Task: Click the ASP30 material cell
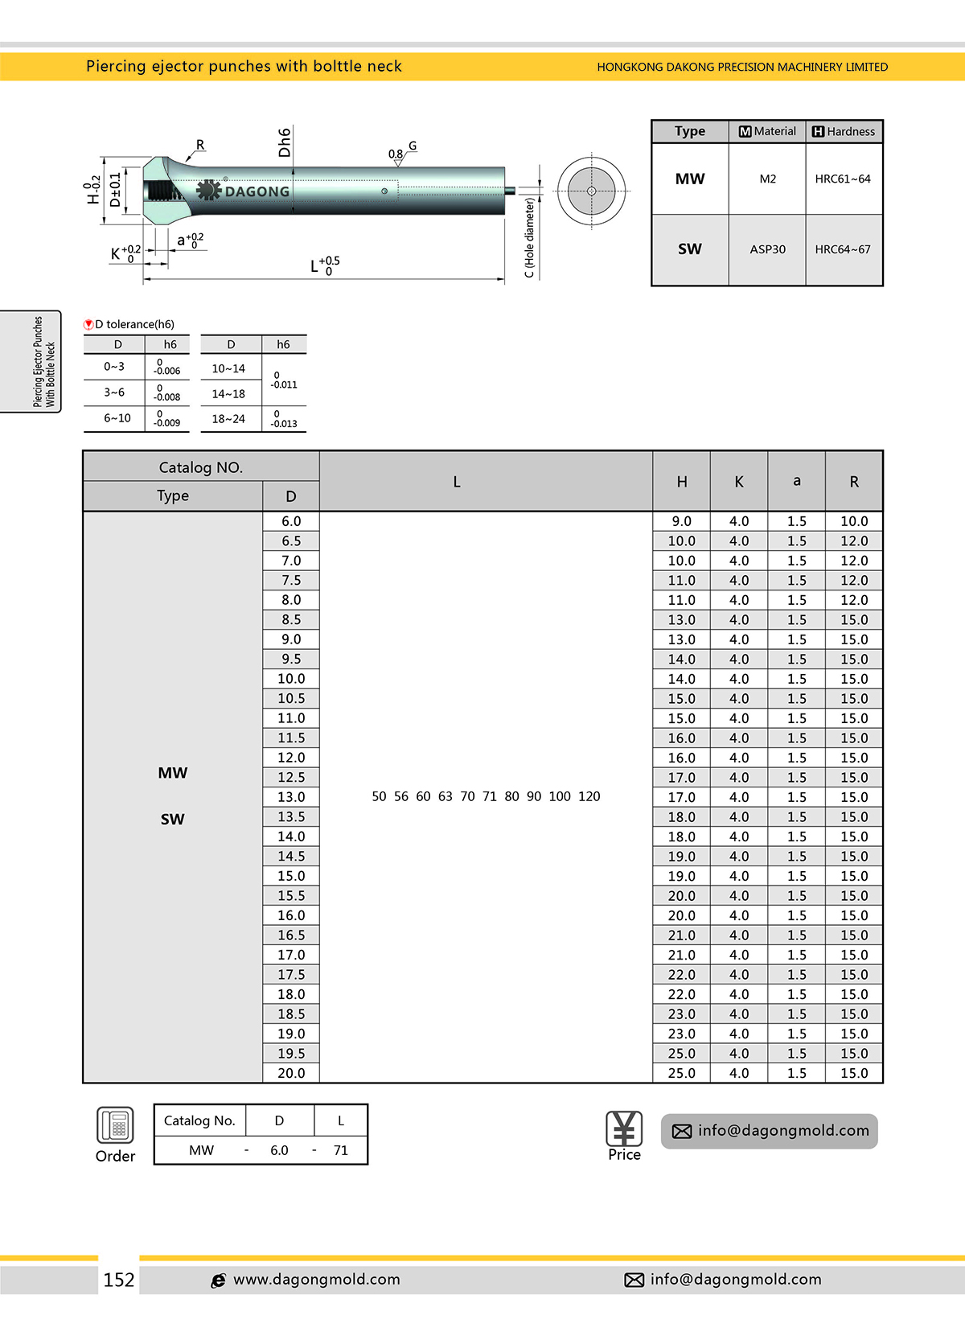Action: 767,249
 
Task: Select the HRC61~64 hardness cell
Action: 843,179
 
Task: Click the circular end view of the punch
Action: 591,191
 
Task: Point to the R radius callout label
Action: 200,145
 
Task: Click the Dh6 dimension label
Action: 285,142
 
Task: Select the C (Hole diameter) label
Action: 529,238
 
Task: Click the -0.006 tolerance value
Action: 166,371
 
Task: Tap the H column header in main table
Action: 681,482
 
